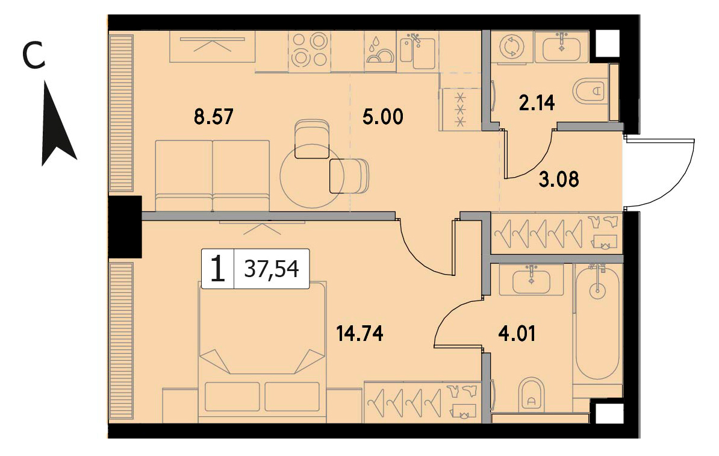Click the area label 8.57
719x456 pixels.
[214, 116]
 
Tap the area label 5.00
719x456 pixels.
[383, 116]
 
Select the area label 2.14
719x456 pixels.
[537, 103]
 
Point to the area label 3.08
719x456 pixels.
[558, 179]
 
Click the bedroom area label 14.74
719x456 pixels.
[359, 334]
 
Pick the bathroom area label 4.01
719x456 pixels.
[517, 334]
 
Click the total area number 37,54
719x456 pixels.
[272, 269]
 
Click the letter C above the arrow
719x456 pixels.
[34, 55]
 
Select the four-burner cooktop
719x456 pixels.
[309, 50]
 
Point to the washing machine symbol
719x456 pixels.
[510, 47]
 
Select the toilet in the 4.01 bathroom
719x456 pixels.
[532, 395]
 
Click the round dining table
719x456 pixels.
[312, 176]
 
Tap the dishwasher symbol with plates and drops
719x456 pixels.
[380, 51]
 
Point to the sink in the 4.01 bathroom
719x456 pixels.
[532, 280]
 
